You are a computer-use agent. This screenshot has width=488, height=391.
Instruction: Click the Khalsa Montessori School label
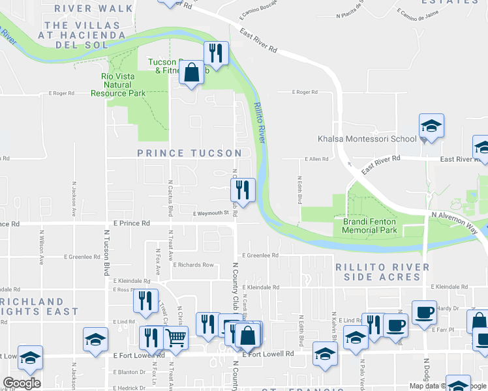click(x=366, y=139)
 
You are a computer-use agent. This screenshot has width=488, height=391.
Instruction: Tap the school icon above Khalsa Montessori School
click(x=431, y=125)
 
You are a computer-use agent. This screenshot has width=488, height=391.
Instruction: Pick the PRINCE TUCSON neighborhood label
click(x=189, y=153)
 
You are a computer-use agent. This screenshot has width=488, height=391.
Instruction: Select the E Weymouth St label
click(x=212, y=212)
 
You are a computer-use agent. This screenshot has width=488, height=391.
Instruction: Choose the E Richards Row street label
click(x=193, y=265)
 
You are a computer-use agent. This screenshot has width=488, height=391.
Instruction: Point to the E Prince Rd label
click(x=132, y=224)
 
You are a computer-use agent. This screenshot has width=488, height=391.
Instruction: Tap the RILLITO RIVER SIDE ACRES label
click(x=382, y=272)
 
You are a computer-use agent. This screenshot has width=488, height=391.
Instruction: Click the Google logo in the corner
click(x=22, y=383)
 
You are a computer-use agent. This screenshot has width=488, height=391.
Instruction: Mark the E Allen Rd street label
click(x=316, y=160)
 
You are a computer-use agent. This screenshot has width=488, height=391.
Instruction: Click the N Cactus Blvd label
click(x=170, y=198)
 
